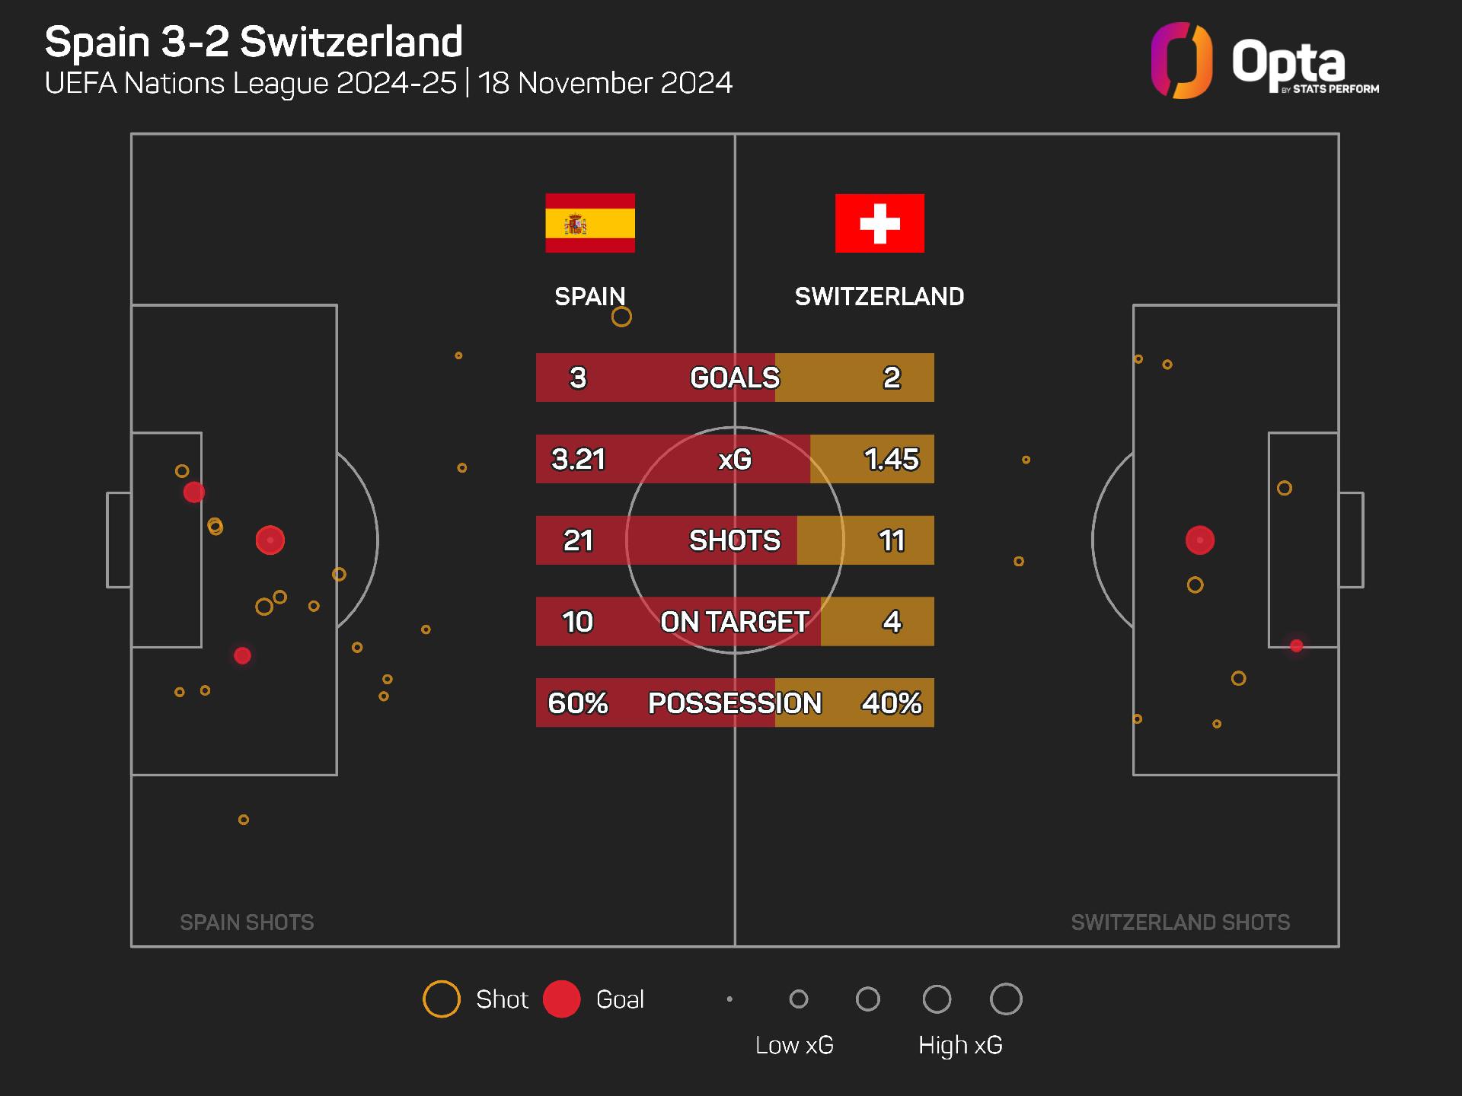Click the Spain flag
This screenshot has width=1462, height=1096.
(589, 223)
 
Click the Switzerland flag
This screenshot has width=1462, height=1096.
(879, 223)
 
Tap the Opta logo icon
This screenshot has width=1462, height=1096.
(1181, 61)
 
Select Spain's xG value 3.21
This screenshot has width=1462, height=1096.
(578, 459)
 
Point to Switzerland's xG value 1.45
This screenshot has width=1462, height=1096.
(891, 459)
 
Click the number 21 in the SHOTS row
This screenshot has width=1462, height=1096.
(578, 540)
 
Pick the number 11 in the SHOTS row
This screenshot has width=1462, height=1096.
(891, 540)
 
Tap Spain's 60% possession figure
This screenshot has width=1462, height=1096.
(578, 703)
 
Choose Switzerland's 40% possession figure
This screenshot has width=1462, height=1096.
(891, 703)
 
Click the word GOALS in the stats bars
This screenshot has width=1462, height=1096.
(735, 378)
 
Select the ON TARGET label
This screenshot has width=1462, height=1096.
(735, 622)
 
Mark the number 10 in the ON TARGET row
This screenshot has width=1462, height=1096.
(578, 622)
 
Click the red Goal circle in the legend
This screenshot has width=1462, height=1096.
(562, 999)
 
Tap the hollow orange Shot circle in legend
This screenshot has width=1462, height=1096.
(442, 999)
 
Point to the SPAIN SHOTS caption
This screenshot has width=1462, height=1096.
(247, 922)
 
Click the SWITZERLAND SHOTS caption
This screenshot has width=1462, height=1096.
(1180, 922)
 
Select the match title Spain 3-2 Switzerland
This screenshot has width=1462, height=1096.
(254, 42)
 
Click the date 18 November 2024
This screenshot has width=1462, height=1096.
(605, 83)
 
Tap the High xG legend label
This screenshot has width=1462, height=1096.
(960, 1045)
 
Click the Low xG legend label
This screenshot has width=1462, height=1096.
(794, 1045)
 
